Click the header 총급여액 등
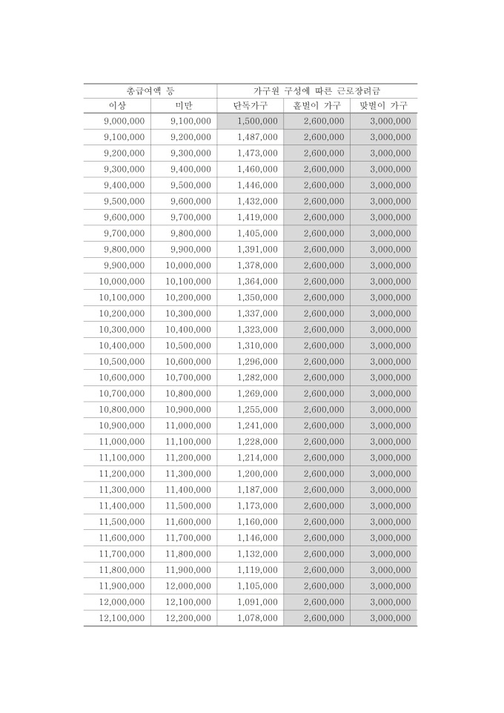(150, 90)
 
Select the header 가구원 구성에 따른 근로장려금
(316, 90)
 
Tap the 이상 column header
(117, 105)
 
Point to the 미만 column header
(183, 105)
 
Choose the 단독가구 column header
(250, 105)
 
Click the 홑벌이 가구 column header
(316, 105)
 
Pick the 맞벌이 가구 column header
(383, 105)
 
